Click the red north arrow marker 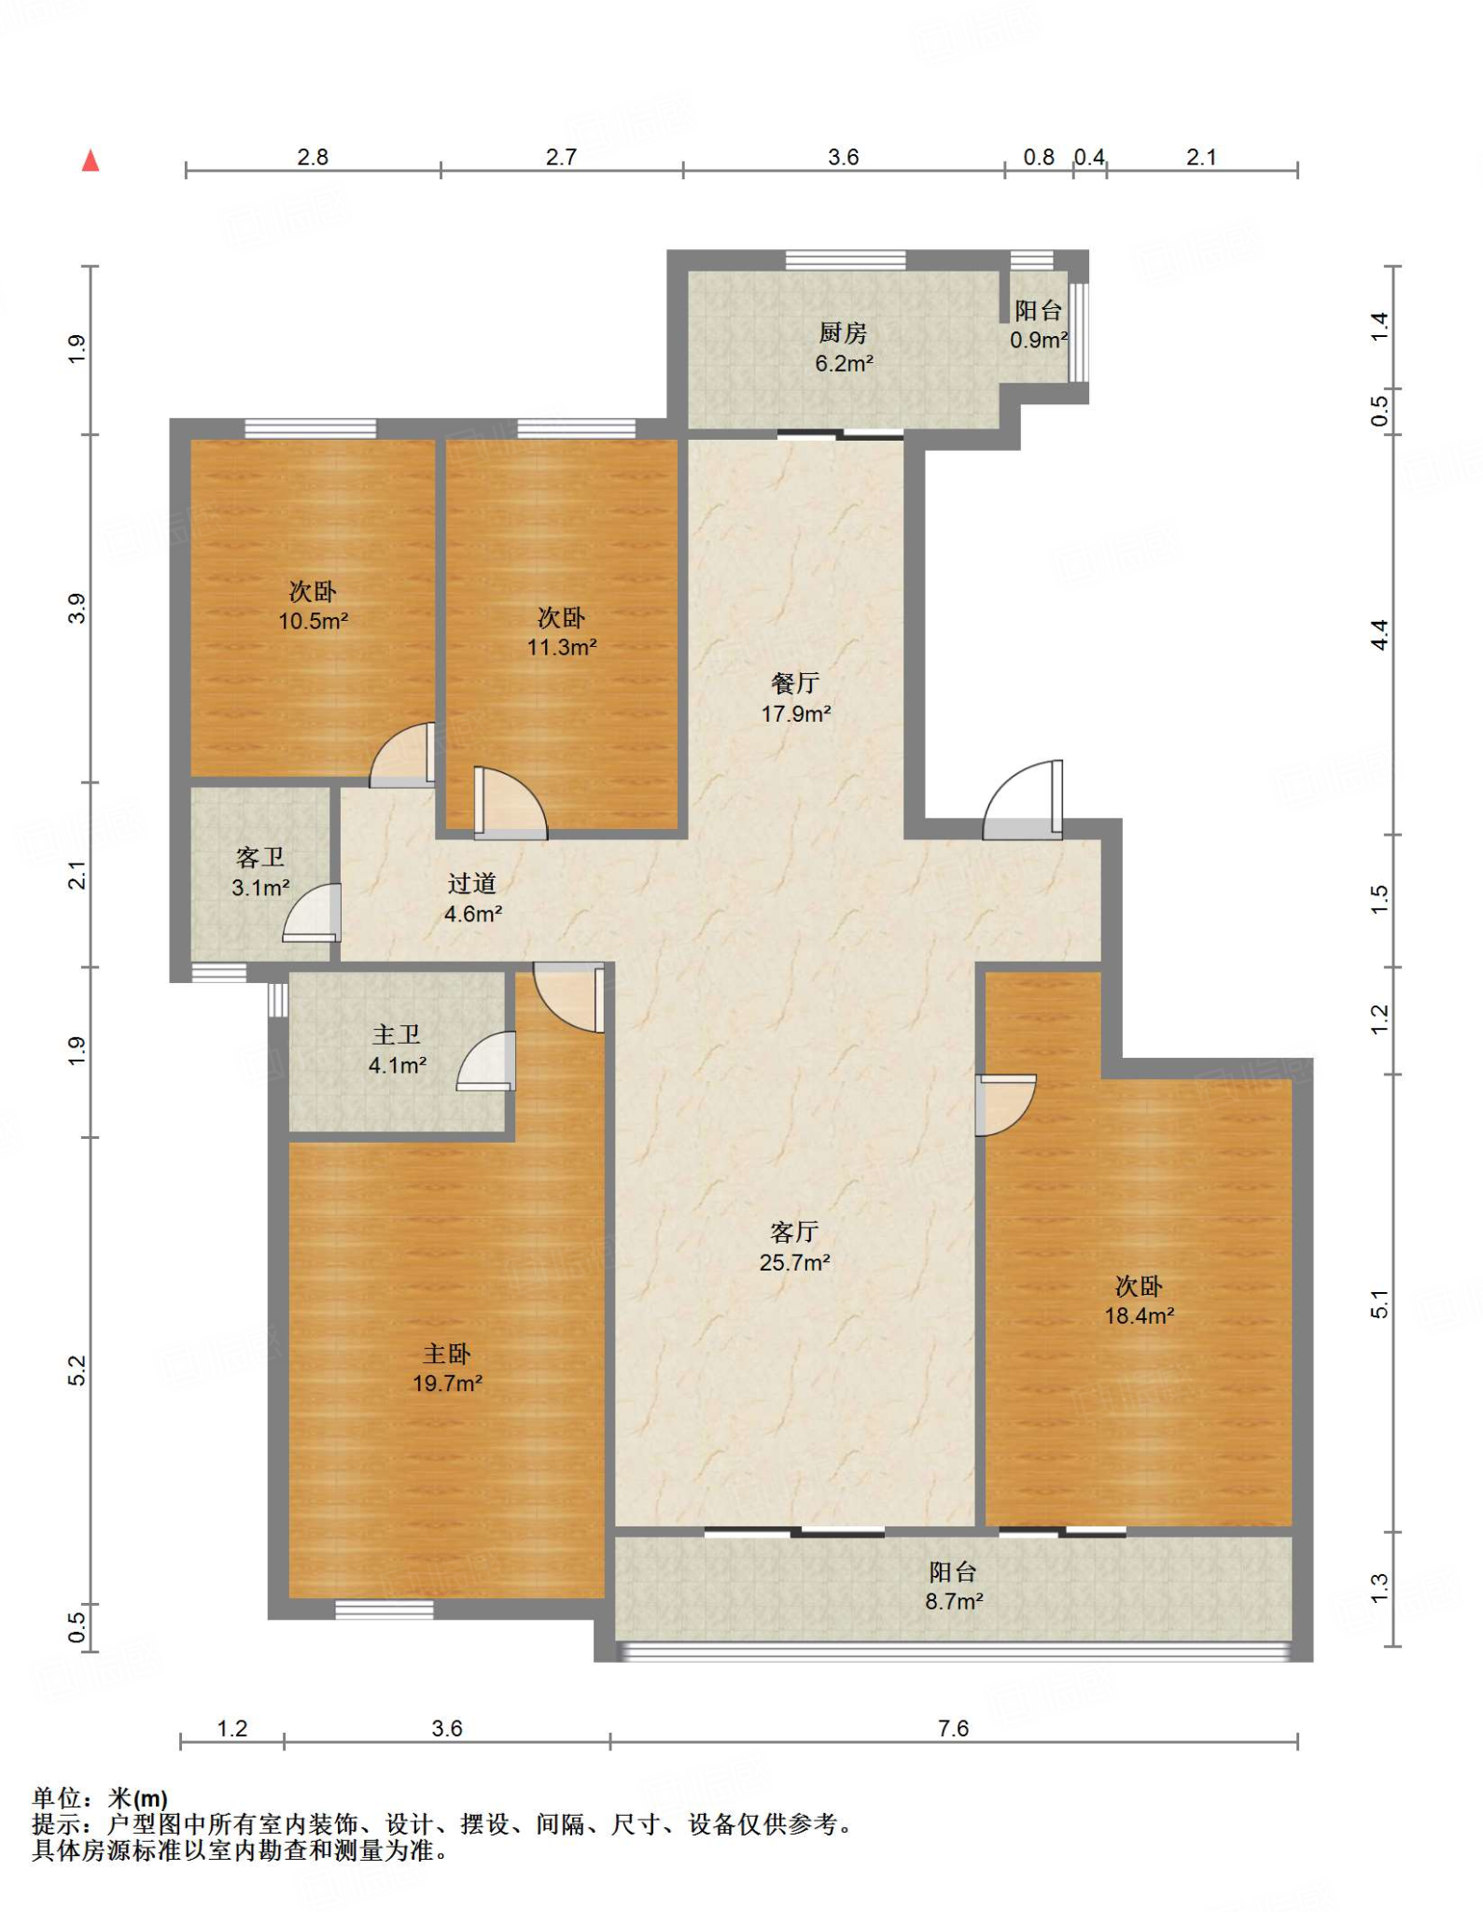pos(91,161)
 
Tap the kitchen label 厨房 pos(843,332)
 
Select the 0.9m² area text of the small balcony pos(1039,340)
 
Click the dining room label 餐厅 pos(795,683)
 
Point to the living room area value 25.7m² pos(795,1262)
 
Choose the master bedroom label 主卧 pos(447,1354)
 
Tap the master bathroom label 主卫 pos(397,1034)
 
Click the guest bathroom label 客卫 pos(260,857)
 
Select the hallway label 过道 pos(472,883)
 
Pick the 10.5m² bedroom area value pos(314,621)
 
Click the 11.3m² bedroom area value pos(562,646)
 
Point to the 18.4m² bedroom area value pos(1140,1315)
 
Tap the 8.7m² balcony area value pos(954,1602)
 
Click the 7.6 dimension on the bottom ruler pos(954,1728)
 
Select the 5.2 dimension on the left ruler pos(77,1371)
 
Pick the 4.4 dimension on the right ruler pos(1380,635)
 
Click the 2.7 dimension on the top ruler pos(561,157)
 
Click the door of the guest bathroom pos(312,912)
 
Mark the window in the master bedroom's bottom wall pos(385,1610)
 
